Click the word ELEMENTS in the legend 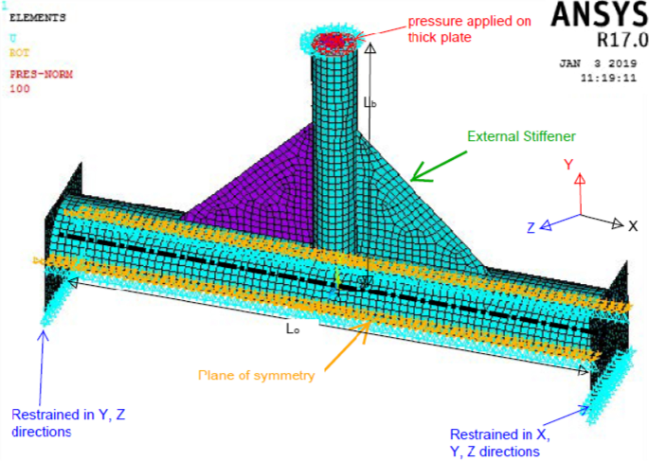pos(37,17)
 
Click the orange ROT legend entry pos(19,53)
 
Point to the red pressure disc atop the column pos(333,40)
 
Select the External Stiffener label pos(522,136)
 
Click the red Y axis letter pos(568,165)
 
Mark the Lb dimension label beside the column pos(370,102)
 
